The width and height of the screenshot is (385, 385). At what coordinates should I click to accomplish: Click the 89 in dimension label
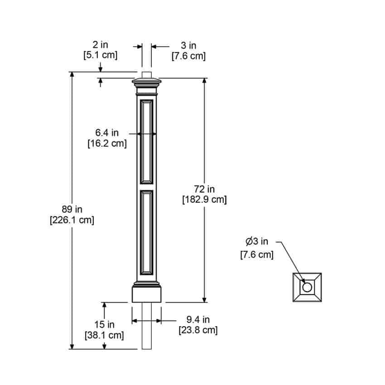(x=72, y=209)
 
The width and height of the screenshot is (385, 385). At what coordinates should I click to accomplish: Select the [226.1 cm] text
(x=72, y=220)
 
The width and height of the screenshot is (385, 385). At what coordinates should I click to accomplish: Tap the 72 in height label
(x=204, y=189)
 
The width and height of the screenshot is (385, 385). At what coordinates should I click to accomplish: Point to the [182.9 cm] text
(x=204, y=199)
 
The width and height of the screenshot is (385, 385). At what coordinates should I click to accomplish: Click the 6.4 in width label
(x=107, y=133)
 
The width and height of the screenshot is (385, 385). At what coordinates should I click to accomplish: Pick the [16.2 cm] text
(x=107, y=143)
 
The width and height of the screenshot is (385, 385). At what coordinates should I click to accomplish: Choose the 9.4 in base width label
(x=198, y=319)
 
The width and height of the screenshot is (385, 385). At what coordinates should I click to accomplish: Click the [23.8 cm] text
(x=198, y=330)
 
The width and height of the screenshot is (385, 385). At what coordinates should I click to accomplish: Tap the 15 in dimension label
(x=104, y=325)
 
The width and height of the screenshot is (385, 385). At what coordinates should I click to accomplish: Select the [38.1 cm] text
(x=104, y=335)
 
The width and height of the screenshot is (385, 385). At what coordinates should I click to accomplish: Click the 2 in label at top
(x=101, y=45)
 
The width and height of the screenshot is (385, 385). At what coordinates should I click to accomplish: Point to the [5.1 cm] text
(x=101, y=55)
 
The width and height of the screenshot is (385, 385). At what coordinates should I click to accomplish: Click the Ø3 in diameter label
(x=257, y=241)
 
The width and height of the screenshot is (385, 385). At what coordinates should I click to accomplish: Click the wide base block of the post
(x=147, y=294)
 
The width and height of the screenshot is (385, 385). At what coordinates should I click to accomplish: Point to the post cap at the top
(x=147, y=83)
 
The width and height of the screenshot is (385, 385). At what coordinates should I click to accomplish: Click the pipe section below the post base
(x=147, y=326)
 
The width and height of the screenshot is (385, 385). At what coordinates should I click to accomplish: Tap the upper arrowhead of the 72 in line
(x=204, y=81)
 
